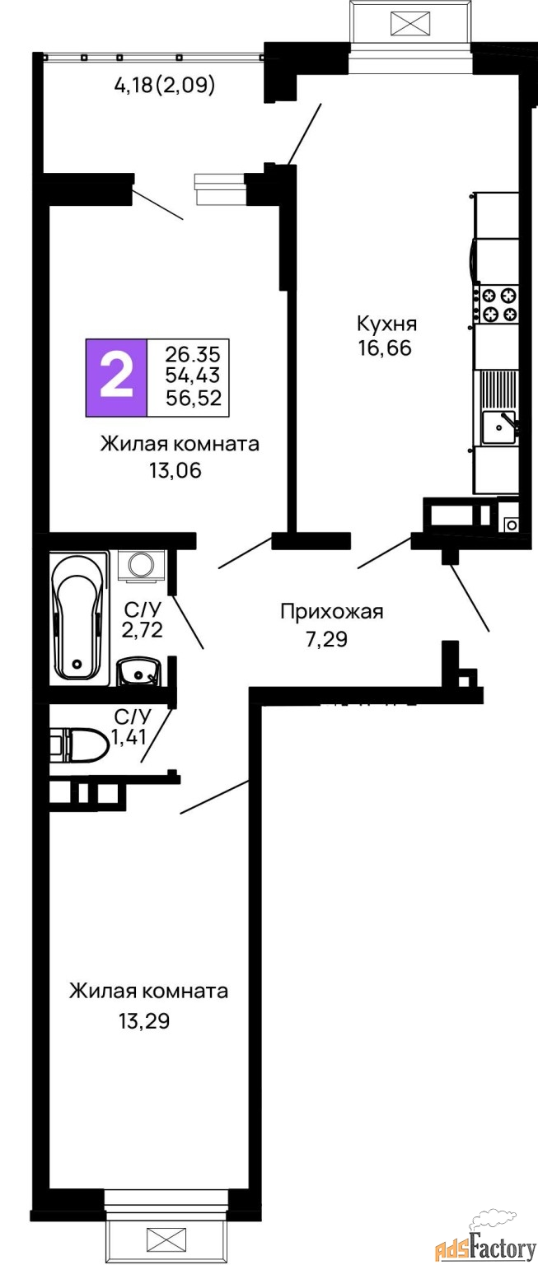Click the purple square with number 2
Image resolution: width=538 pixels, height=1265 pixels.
click(116, 377)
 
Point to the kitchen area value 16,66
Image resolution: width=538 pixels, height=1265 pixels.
click(384, 347)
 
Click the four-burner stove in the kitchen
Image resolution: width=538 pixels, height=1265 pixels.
click(498, 303)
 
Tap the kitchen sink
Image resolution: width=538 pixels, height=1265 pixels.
click(498, 427)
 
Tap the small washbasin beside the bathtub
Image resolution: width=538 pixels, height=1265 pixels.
click(138, 672)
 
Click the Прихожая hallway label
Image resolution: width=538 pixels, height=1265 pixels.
click(332, 612)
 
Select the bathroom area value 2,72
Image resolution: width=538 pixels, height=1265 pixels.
click(143, 632)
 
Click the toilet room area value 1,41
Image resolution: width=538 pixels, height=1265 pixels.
click(129, 737)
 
